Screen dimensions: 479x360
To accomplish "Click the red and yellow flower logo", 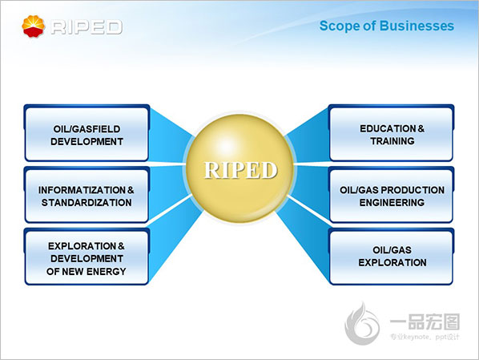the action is click(x=34, y=26).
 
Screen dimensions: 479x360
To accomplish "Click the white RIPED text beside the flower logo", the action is click(x=87, y=27).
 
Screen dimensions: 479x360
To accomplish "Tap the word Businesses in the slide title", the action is click(x=417, y=26).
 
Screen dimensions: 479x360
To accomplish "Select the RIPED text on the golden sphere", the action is click(x=240, y=170).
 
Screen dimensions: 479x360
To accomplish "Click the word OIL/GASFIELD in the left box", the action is click(x=87, y=129).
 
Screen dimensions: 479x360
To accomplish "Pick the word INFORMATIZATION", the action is click(x=82, y=190).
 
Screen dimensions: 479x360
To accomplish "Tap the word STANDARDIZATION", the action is click(x=87, y=203).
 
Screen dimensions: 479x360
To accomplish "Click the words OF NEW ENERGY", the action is click(x=87, y=271).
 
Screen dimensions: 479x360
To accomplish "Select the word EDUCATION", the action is click(x=388, y=128).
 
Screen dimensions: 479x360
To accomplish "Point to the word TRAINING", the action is click(x=392, y=141).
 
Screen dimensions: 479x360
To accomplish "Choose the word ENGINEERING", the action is click(x=392, y=203).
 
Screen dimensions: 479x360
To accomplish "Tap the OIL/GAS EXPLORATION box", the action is click(x=392, y=257).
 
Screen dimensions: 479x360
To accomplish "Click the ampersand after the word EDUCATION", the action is click(x=421, y=128).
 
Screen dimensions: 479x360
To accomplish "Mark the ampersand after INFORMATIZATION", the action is click(x=131, y=190).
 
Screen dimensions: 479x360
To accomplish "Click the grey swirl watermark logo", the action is click(x=362, y=323).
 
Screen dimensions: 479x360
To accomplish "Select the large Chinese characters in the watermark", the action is click(x=425, y=322).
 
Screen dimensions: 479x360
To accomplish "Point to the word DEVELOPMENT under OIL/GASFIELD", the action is click(x=87, y=142).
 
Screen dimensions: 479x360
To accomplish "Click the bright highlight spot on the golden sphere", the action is click(x=226, y=146).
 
